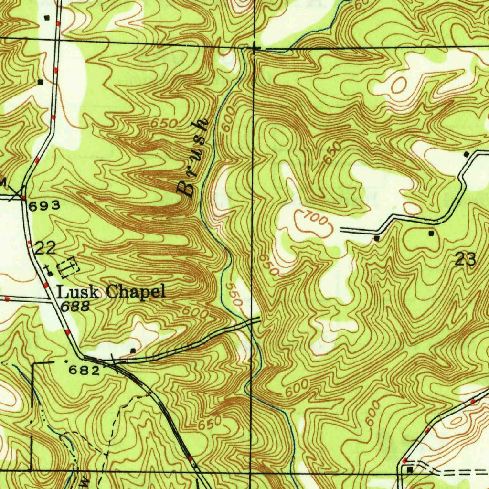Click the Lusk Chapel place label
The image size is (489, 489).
tap(111, 292)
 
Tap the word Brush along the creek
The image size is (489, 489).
tap(193, 158)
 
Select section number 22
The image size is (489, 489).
tap(45, 247)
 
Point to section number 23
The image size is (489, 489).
tap(465, 259)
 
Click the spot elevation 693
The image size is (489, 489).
tap(44, 206)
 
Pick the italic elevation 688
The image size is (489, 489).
tap(74, 307)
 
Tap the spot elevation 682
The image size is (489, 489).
tap(84, 370)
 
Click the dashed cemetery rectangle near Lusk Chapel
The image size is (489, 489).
tap(68, 267)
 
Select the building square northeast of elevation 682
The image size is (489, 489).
tap(133, 351)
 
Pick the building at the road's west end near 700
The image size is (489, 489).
tap(377, 237)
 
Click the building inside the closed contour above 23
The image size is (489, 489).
tap(431, 234)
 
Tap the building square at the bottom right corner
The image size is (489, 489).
tap(409, 470)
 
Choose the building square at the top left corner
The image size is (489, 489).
tap(46, 18)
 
